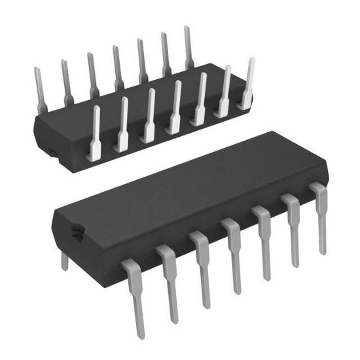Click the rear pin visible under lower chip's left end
point(65,261)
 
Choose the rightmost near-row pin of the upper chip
point(247,82)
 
